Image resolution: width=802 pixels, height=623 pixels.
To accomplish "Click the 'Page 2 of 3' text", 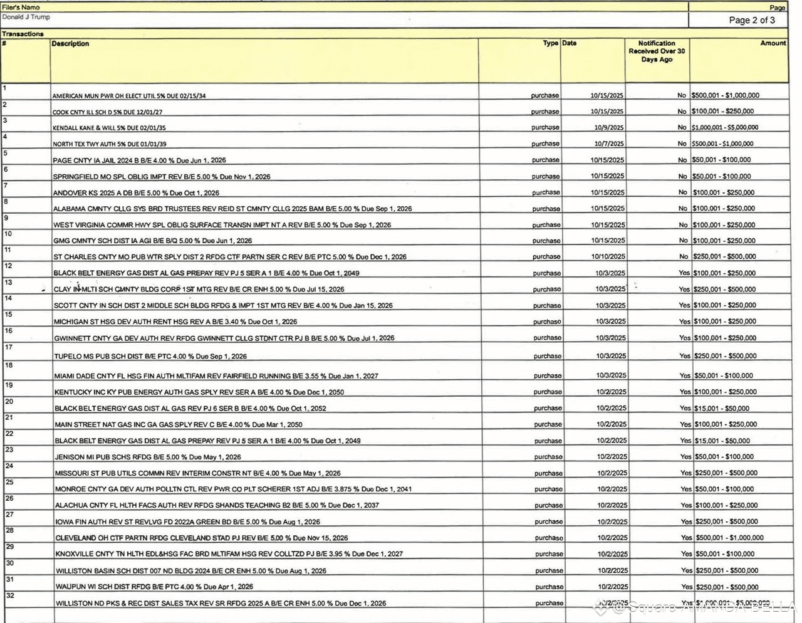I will (x=751, y=20).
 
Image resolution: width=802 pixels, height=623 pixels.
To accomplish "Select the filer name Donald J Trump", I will (x=26, y=17).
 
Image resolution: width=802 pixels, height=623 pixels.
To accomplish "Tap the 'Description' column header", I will (x=70, y=44).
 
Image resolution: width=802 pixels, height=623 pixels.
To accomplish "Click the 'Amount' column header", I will (x=773, y=43).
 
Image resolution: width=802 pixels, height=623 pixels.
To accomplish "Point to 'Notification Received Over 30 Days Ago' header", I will (x=657, y=51).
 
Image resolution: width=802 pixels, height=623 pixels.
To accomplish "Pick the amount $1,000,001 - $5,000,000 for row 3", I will (x=725, y=127).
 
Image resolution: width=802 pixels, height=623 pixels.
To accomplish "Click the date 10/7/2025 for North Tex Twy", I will (x=608, y=144).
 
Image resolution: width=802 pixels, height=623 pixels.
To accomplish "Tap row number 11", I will (x=8, y=250).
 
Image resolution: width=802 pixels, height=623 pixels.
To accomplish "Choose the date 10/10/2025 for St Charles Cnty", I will (x=607, y=256).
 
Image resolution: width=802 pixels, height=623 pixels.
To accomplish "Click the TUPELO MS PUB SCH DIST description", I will (x=150, y=356).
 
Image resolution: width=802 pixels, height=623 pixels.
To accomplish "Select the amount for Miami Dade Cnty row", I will (x=724, y=375).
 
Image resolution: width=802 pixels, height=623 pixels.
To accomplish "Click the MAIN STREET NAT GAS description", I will (x=179, y=424).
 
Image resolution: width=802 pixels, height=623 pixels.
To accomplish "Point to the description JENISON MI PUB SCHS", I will (x=148, y=457).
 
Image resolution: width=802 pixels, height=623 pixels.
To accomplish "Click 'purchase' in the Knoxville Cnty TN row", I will (x=549, y=553).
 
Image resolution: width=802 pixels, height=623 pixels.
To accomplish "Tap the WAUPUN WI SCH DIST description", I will (x=154, y=587).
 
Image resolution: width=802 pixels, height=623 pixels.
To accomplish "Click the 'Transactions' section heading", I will (x=23, y=34).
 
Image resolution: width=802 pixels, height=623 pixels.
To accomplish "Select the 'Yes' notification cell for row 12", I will (x=684, y=273).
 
